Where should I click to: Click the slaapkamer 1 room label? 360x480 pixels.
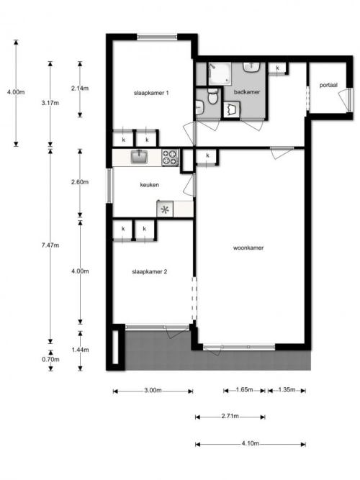point(151,93)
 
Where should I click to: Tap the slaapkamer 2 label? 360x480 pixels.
point(150,271)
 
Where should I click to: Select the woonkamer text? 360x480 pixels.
point(248,248)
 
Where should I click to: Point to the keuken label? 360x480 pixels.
point(150,185)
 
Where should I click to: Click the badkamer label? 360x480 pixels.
point(247,92)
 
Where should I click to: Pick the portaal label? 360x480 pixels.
point(328,85)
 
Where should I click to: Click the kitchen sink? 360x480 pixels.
point(140,157)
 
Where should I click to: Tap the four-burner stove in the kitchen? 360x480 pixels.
point(170,158)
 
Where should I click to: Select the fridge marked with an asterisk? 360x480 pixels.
point(165,209)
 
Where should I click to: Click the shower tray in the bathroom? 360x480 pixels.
point(220,74)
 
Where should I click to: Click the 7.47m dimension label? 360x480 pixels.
point(50,245)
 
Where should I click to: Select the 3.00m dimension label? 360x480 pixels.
point(153,390)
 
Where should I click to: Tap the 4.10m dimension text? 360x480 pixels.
point(250,443)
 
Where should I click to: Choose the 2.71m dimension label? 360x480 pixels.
point(230,416)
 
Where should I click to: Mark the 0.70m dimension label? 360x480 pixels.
point(50,359)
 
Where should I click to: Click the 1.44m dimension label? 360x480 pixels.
point(80,350)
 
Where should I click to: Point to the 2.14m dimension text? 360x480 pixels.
point(80,89)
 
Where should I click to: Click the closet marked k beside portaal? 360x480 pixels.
point(278,68)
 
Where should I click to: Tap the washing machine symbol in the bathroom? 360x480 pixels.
point(232,109)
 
